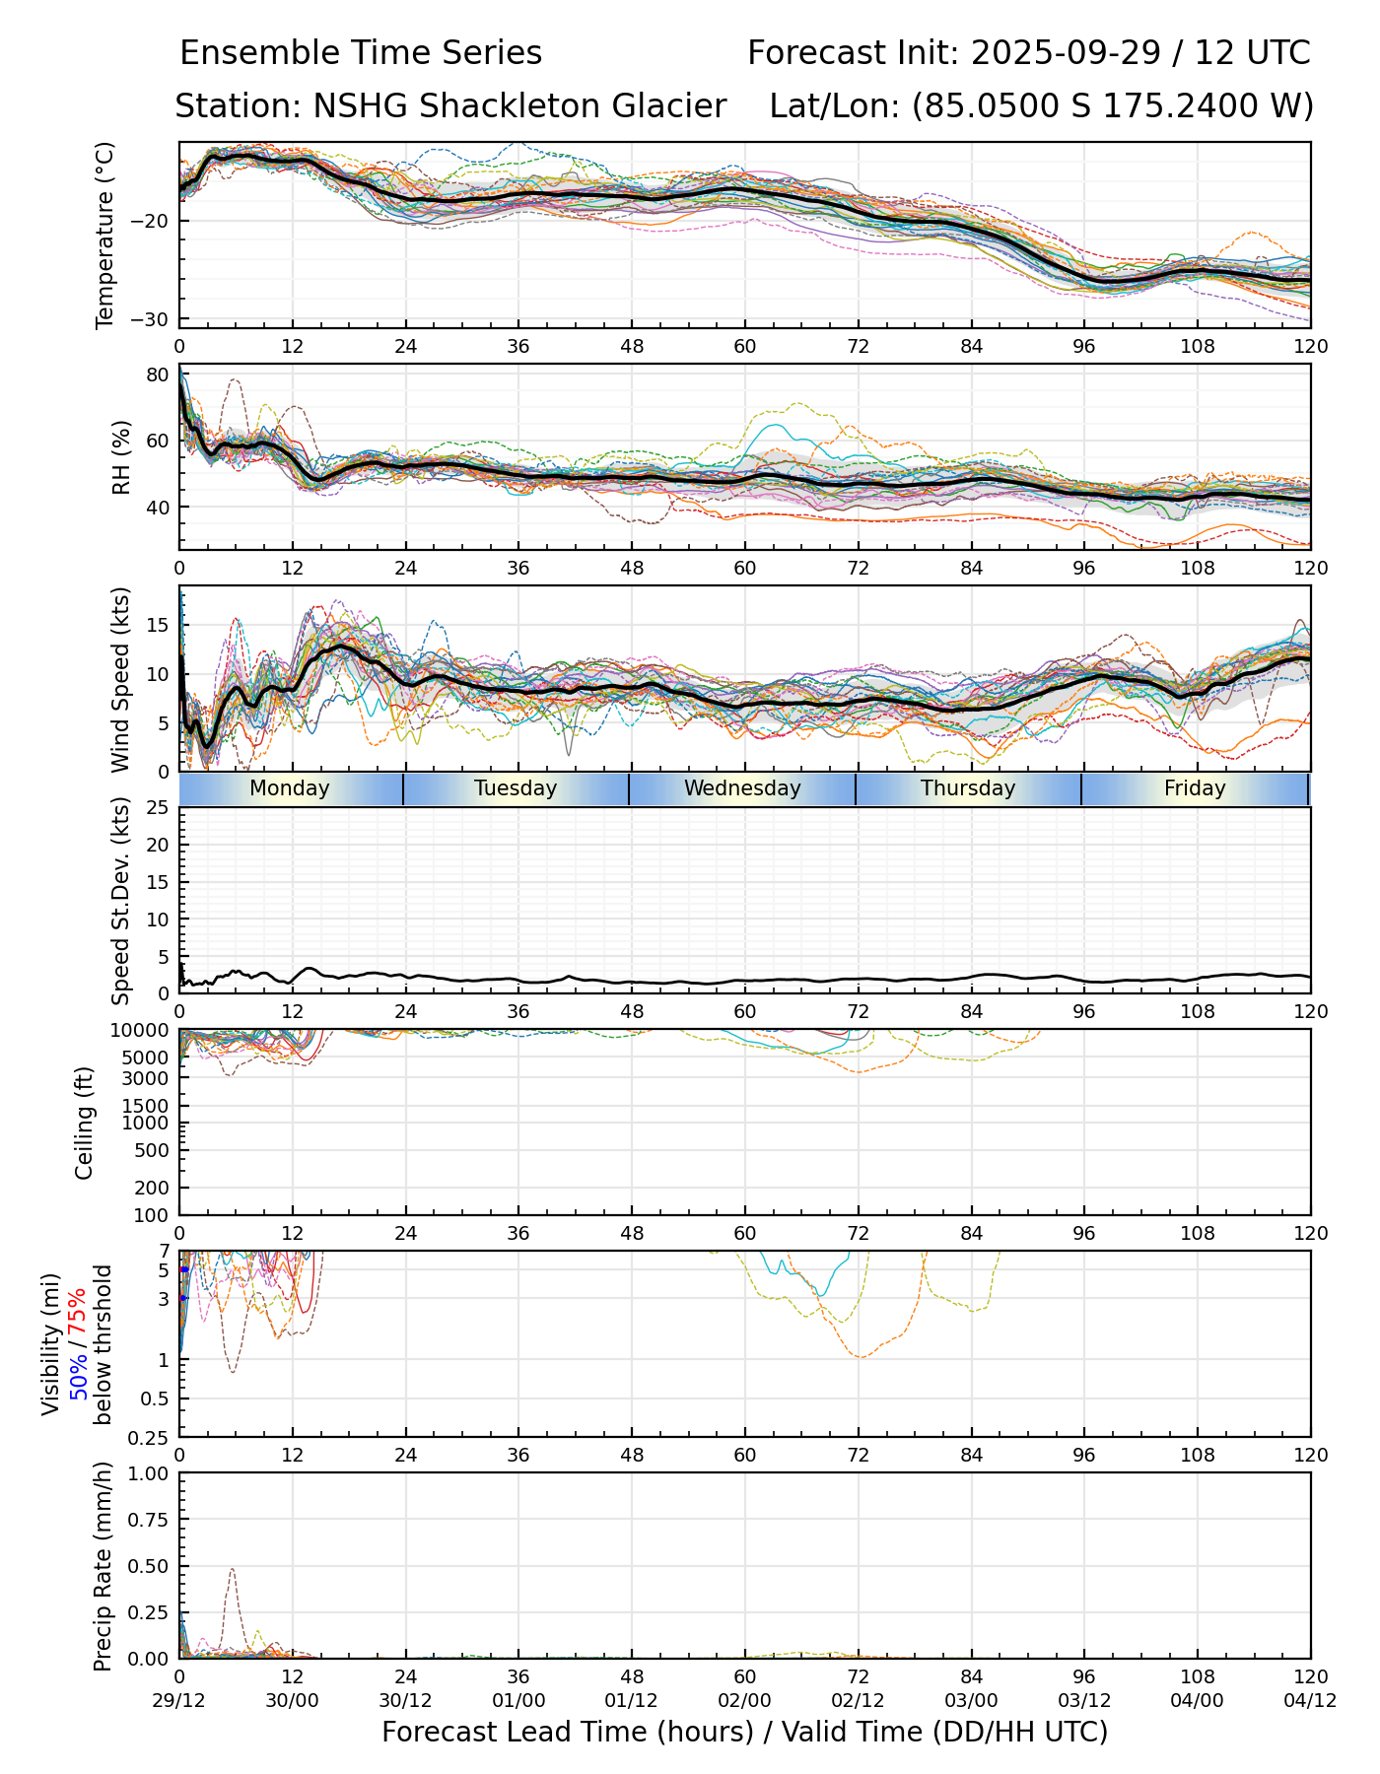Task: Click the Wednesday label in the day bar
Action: (x=742, y=788)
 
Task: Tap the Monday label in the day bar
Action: (x=289, y=788)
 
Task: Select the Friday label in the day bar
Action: (x=1195, y=788)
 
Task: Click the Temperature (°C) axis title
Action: (x=105, y=235)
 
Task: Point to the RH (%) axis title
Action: (x=121, y=457)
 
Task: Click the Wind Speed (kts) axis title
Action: (x=120, y=679)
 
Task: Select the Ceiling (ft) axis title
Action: (x=85, y=1123)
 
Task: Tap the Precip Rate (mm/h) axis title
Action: (x=103, y=1566)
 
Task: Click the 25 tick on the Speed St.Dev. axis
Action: (x=158, y=808)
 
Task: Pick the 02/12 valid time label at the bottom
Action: (x=858, y=1700)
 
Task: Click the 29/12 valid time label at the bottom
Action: (x=179, y=1700)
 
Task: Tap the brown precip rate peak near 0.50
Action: (x=232, y=1569)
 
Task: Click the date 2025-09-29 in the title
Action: (x=1066, y=52)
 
